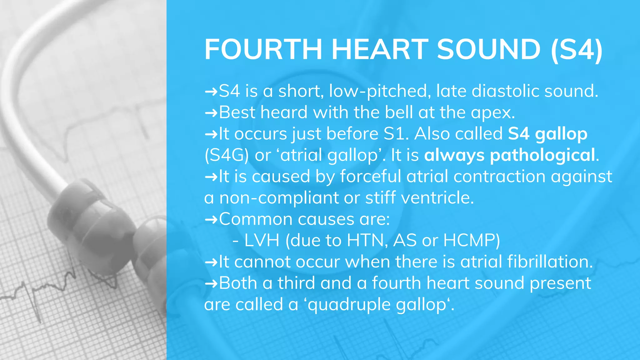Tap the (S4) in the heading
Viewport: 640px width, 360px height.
(x=577, y=49)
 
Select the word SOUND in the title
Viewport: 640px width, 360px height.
(x=488, y=49)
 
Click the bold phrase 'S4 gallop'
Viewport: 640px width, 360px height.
(x=547, y=134)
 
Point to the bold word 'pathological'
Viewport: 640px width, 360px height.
(x=542, y=155)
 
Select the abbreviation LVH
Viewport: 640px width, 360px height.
(x=262, y=241)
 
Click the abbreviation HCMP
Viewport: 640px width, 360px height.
(x=471, y=241)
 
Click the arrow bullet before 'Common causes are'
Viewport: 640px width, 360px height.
(x=211, y=219)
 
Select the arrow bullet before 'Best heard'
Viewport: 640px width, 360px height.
(x=211, y=112)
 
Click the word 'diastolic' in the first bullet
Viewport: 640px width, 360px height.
(x=505, y=91)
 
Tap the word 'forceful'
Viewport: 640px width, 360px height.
(x=371, y=176)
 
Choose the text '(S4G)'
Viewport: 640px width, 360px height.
(x=227, y=155)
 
